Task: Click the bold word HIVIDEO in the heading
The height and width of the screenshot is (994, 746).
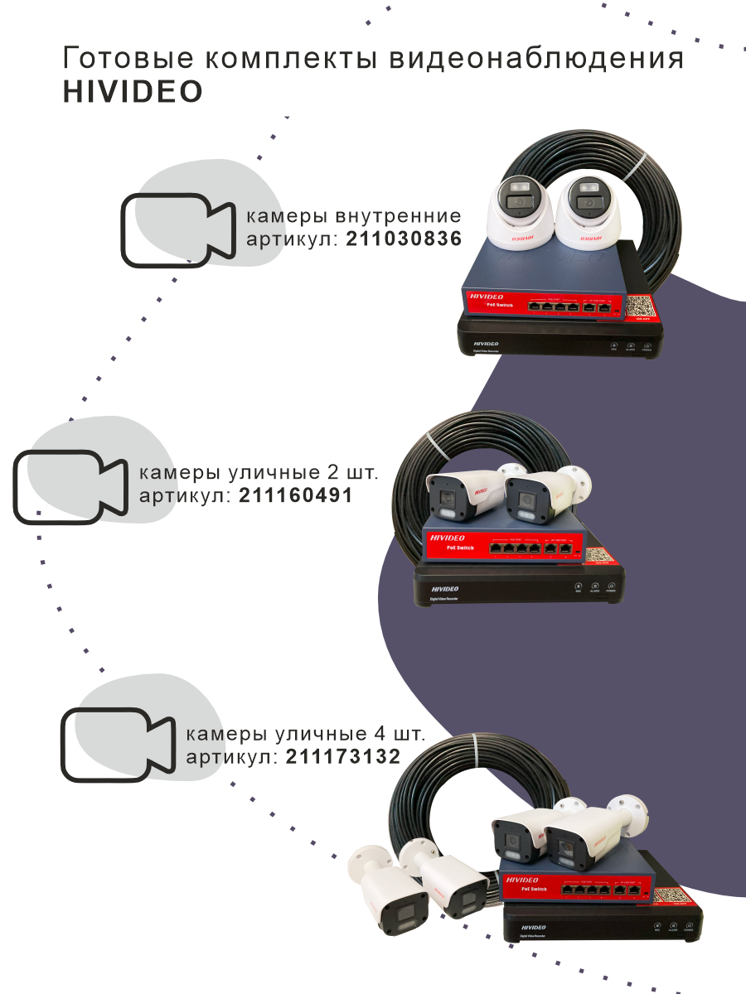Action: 133,92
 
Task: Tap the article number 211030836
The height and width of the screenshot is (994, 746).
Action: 403,239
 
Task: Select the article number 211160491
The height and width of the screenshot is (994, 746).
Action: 295,495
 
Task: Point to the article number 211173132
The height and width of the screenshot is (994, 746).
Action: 342,756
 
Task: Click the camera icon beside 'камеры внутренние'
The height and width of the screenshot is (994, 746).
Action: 177,230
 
